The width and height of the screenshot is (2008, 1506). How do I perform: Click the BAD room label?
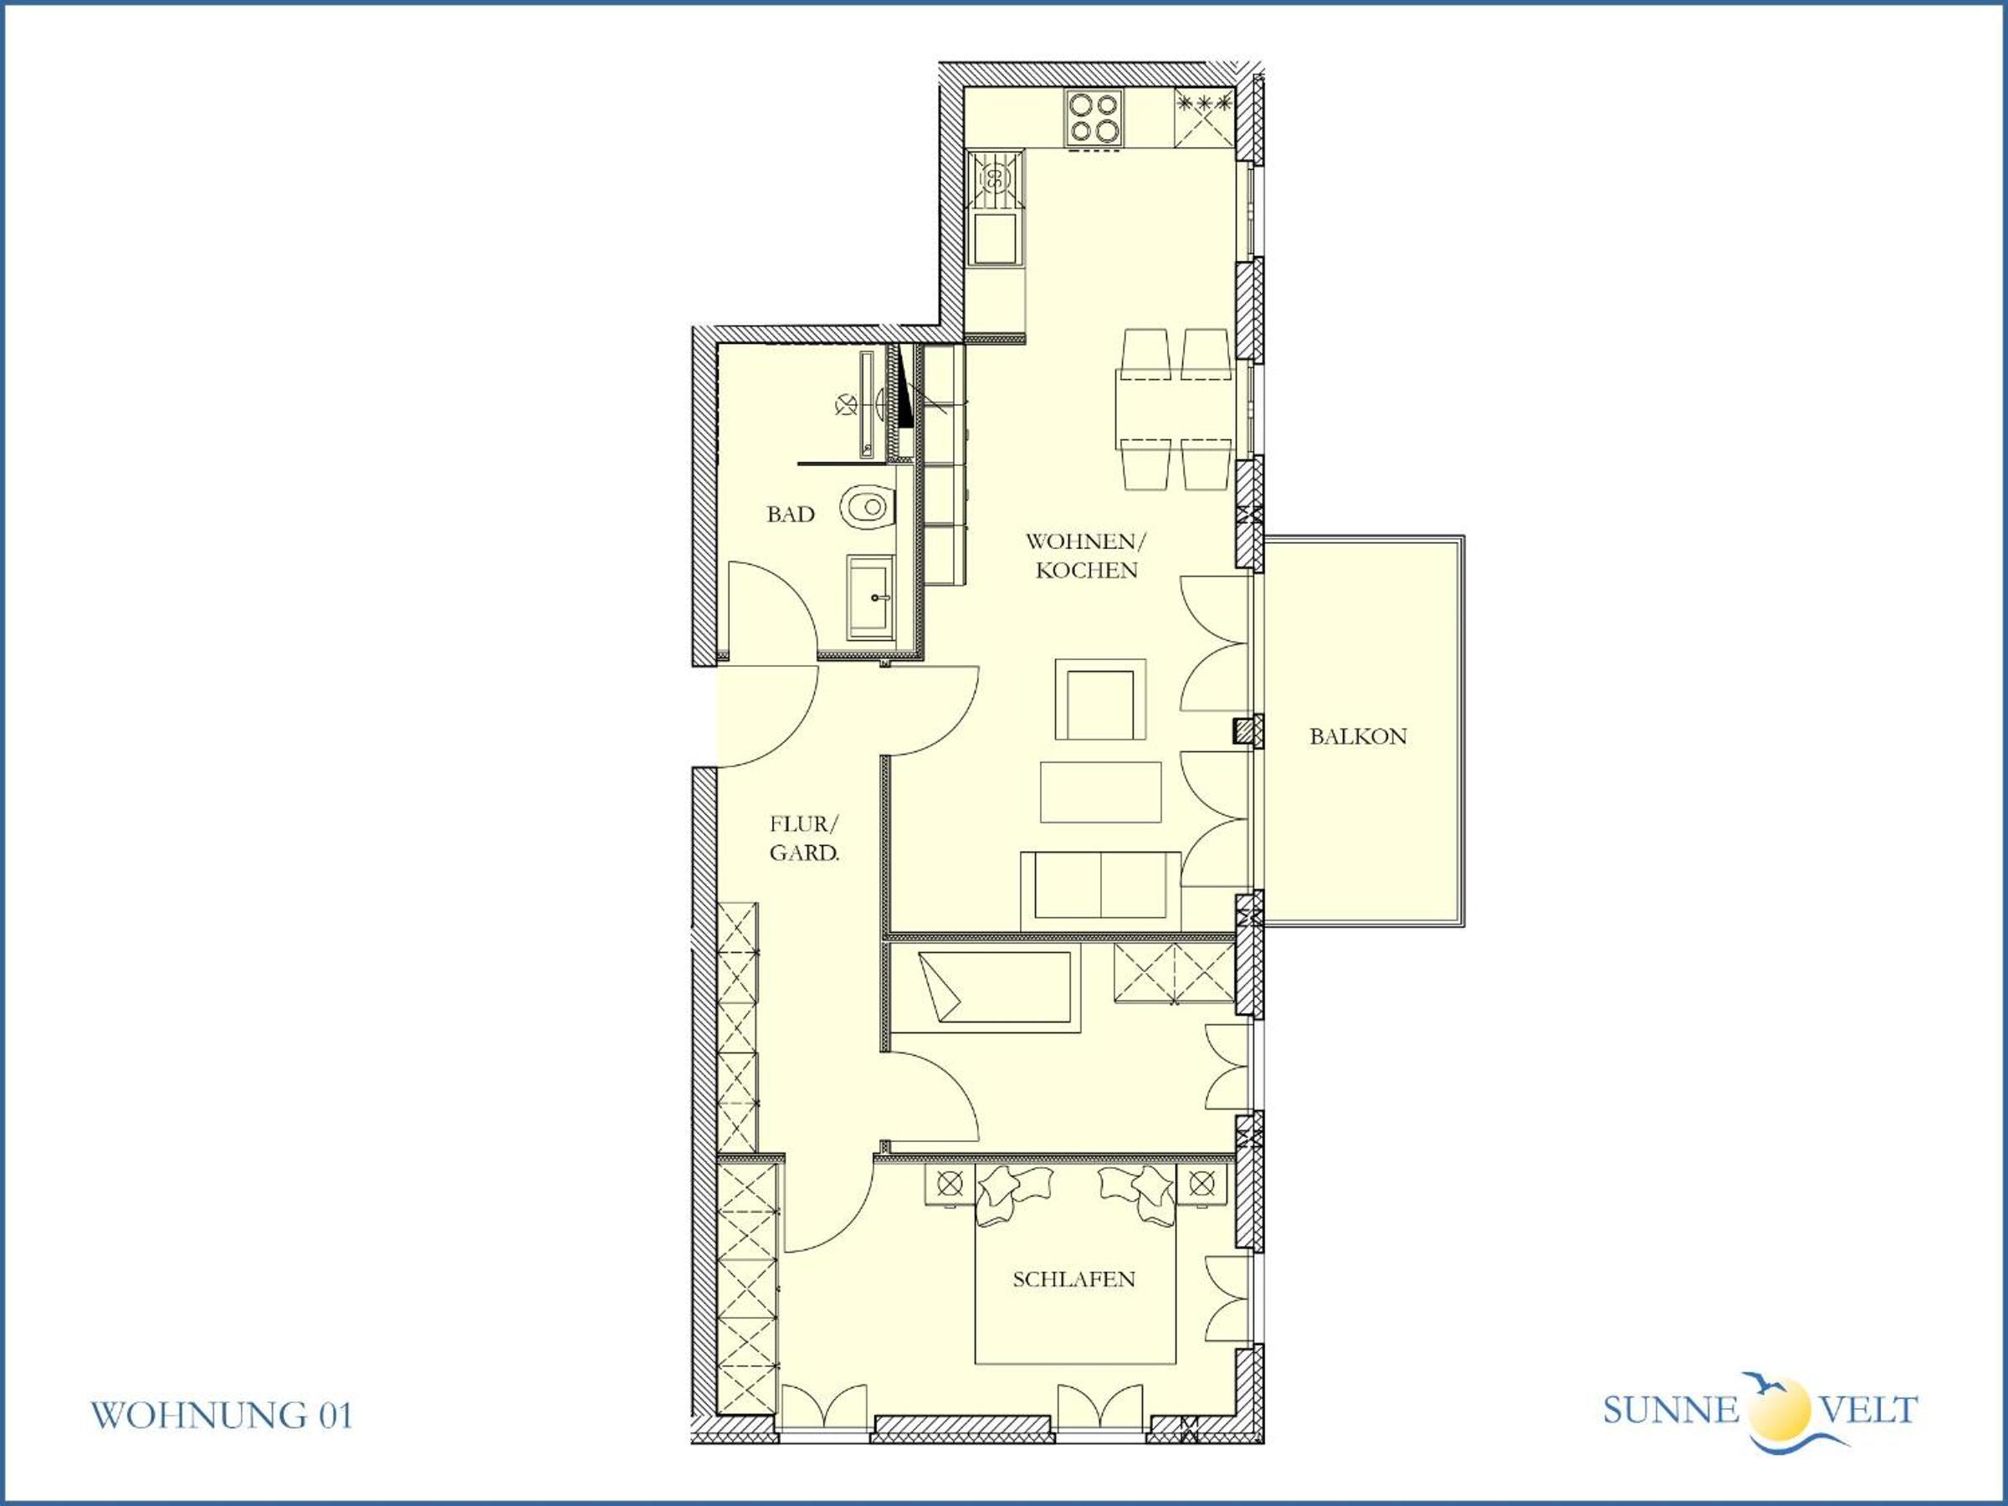coord(790,515)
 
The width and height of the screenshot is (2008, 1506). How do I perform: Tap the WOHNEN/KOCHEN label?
coord(1086,556)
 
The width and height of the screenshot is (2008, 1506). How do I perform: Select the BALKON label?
coord(1358,736)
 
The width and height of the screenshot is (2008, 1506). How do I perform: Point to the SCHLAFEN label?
coord(1074,1279)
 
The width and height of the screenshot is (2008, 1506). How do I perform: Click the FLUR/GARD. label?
coord(804,838)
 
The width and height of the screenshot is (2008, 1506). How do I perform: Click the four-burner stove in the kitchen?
coord(1093,118)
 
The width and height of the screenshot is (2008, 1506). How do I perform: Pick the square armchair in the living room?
coord(1100,699)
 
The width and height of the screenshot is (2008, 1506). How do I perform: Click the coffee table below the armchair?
coord(1100,791)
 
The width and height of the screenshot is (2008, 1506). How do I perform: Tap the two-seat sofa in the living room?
coord(1100,890)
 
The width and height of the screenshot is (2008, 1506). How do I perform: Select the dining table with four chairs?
coord(1175,408)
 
